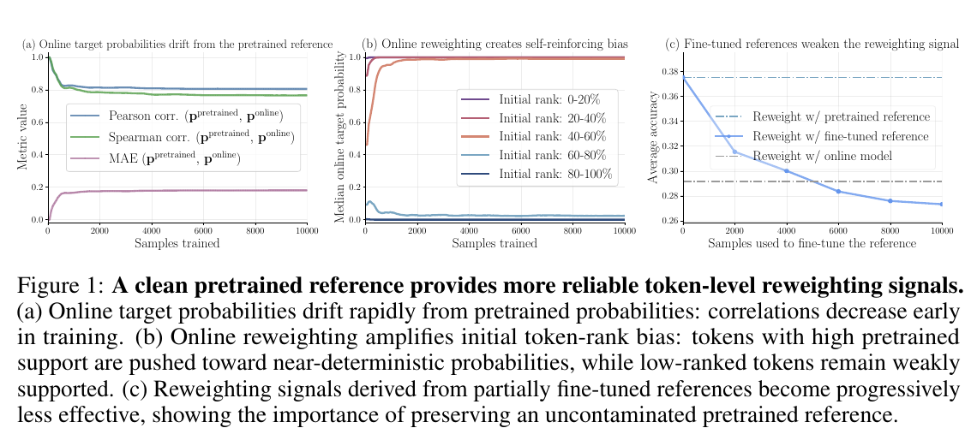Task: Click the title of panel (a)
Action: (177, 45)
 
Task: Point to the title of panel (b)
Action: (494, 45)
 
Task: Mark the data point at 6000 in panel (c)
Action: (838, 191)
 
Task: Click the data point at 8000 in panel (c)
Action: (890, 200)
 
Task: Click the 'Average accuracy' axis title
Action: (653, 138)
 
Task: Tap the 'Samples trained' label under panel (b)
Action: (494, 243)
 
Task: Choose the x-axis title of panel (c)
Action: (812, 243)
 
